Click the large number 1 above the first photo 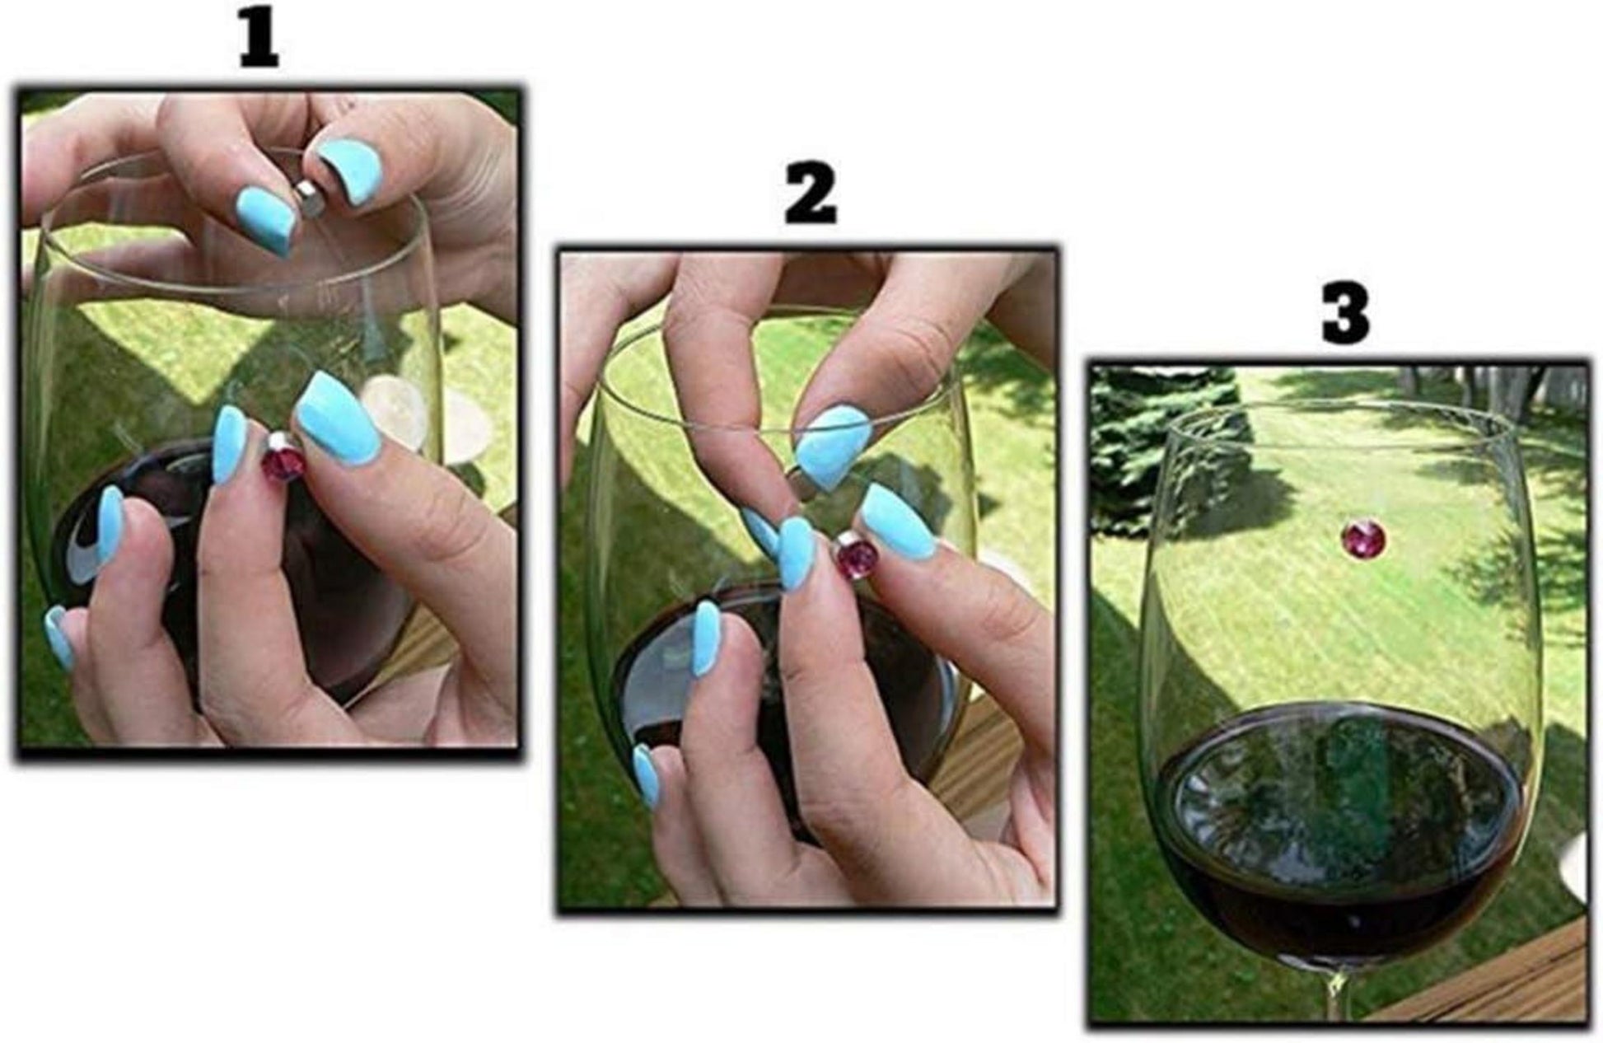point(259,42)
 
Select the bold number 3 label point(1346,315)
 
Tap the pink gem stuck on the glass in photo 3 point(1363,538)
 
